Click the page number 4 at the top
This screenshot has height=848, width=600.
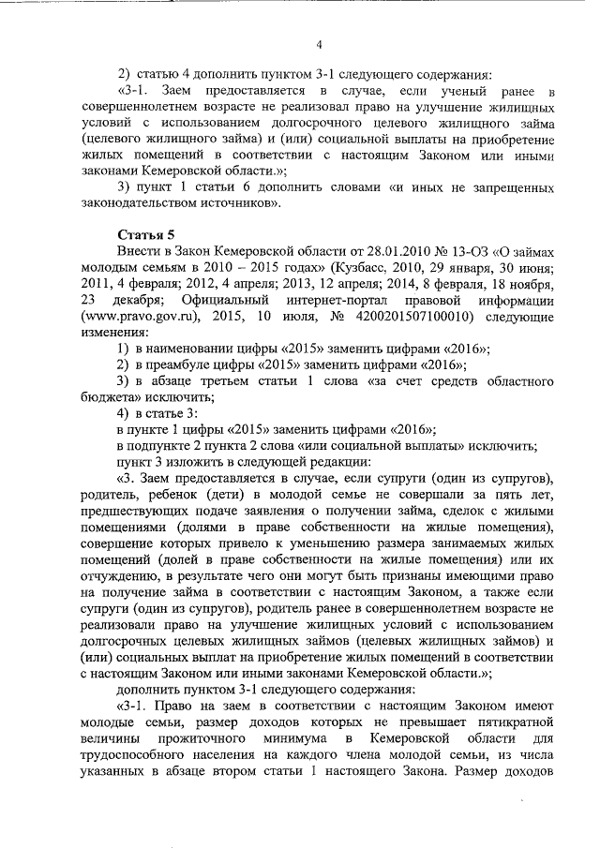(319, 44)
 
